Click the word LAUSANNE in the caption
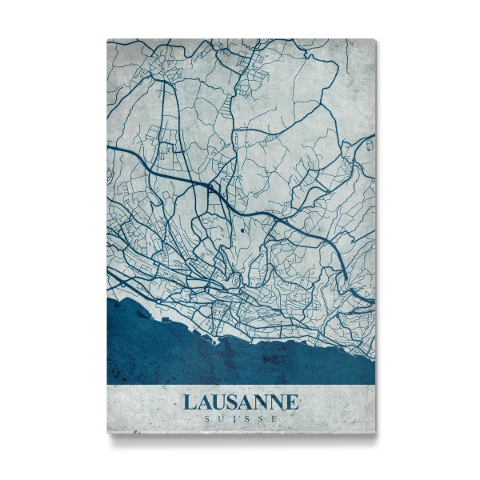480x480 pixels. [x=240, y=402]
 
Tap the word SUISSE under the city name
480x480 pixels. [x=240, y=418]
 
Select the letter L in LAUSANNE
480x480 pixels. [x=189, y=402]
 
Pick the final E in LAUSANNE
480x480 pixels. [x=292, y=402]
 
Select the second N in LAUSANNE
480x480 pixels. [x=277, y=402]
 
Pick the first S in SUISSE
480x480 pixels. [x=206, y=418]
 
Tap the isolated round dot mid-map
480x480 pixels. [x=242, y=230]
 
